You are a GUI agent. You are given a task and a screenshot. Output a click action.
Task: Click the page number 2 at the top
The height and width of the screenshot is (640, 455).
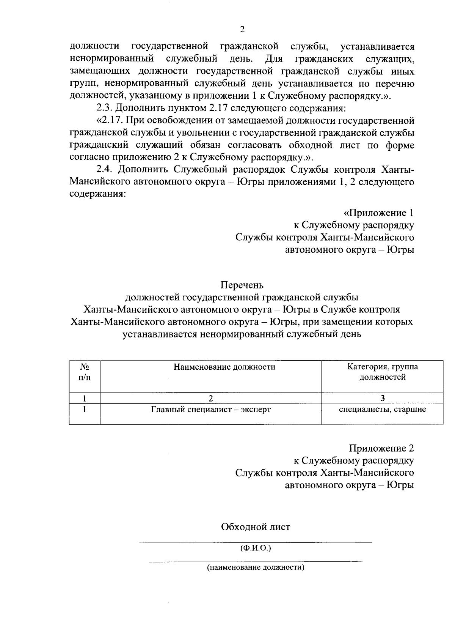242,30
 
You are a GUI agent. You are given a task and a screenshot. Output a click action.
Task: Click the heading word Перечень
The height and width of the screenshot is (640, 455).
242,285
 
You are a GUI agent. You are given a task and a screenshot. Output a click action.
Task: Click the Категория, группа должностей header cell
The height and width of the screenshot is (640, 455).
382,372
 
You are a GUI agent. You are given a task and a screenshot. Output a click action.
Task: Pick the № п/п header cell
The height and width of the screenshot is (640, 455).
85,372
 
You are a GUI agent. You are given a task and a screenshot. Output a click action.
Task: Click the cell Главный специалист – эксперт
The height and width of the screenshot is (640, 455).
211,410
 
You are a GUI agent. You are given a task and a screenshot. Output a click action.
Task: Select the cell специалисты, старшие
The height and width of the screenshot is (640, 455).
382,409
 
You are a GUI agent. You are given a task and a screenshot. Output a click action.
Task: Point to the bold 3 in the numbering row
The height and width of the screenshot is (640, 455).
383,398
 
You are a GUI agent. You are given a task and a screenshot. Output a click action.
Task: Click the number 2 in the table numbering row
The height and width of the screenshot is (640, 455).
211,398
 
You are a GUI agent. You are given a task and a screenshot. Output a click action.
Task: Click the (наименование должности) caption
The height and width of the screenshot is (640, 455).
256,568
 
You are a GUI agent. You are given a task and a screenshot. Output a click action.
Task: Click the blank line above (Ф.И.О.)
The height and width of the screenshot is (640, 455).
256,542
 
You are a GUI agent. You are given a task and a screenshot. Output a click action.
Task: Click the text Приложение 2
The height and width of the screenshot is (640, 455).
381,448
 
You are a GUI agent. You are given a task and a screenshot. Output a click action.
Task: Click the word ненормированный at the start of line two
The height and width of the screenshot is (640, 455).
112,59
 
